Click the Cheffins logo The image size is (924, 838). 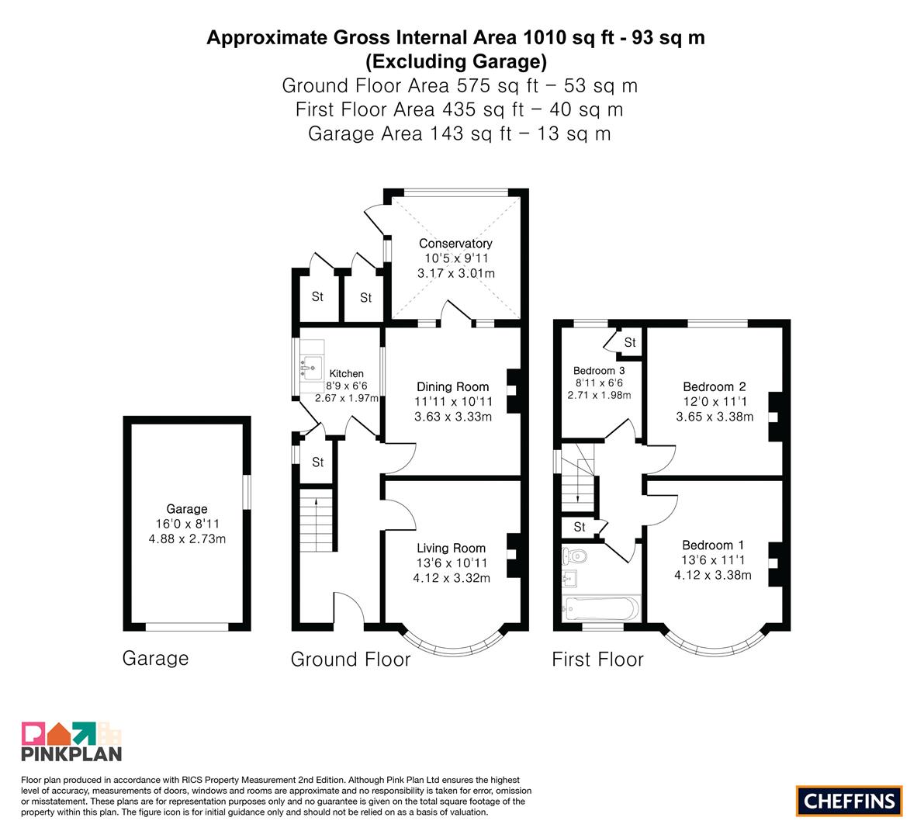coord(849,801)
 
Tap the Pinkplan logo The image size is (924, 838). coord(71,741)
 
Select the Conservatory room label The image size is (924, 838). coord(455,244)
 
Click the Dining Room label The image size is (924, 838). coord(452,387)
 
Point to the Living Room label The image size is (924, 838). coord(452,548)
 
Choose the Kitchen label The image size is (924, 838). coord(347,374)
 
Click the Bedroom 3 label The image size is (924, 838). coord(599,371)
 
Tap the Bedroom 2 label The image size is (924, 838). coord(715,387)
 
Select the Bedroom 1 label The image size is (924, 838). coord(713,545)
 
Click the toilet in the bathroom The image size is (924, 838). coord(575,556)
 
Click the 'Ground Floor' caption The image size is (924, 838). coord(351,659)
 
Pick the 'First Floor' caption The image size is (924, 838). coord(597,659)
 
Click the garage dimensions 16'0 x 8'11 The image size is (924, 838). coord(187,524)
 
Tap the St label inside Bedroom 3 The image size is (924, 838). coord(630,342)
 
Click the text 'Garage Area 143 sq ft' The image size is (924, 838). coord(410,133)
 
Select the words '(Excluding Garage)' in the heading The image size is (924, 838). coord(456,61)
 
